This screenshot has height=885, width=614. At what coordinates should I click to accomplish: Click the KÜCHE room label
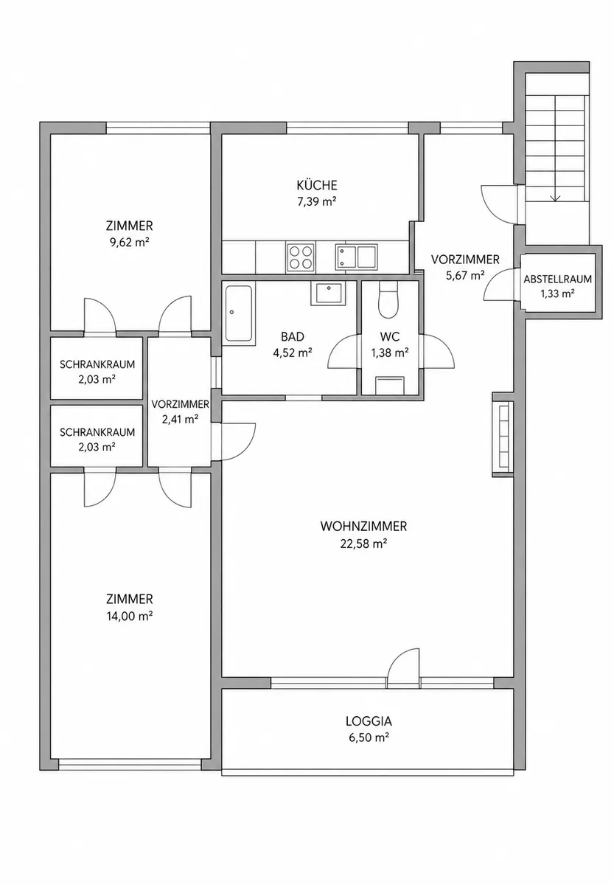pos(317,185)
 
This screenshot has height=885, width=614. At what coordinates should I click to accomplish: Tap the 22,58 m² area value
pos(363,544)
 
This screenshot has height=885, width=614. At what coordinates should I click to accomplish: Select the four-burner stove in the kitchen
pos(301,257)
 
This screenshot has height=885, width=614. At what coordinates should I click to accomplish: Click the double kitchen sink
pos(356,257)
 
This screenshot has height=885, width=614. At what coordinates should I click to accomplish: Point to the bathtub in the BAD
pos(239,313)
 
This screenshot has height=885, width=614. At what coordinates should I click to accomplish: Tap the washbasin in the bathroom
pos(328,294)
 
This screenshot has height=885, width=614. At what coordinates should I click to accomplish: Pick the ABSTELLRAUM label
pos(557,280)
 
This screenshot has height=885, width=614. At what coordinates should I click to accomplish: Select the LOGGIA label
pos(369,721)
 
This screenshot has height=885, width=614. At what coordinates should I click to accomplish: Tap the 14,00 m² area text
pos(130,616)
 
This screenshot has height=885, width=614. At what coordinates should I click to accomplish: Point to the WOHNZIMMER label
pos(363,527)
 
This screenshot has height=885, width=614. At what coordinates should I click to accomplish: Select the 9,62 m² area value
pos(130,242)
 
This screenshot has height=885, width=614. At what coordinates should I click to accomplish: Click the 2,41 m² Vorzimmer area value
pos(180,419)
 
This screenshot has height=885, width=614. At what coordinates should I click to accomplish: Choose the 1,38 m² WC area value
pos(389,353)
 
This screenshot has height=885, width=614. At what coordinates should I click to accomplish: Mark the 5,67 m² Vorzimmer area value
pos(465,275)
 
